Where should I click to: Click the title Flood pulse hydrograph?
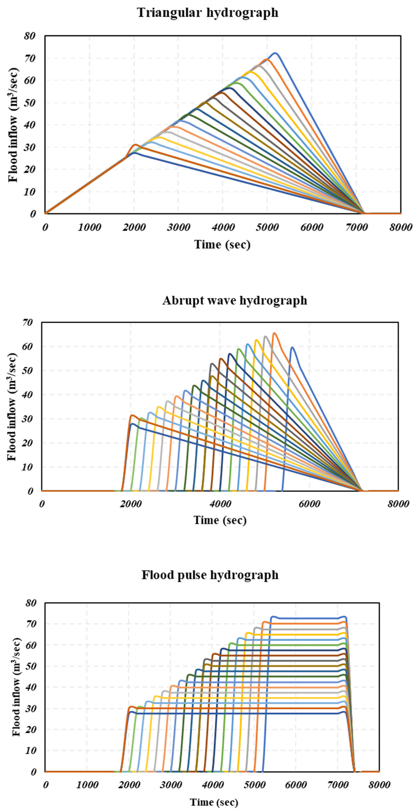coord(210,575)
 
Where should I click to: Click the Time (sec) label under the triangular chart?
coord(222,245)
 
